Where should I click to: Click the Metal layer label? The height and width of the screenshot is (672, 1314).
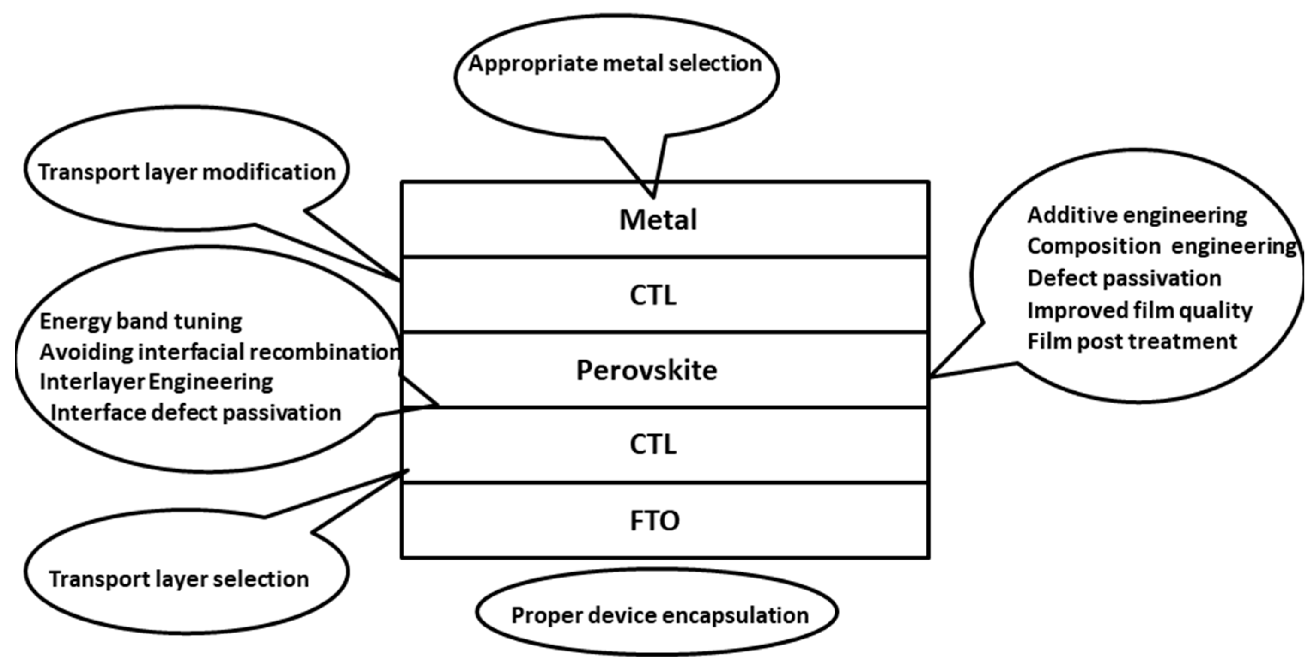(658, 220)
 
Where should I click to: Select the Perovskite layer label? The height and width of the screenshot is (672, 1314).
(647, 370)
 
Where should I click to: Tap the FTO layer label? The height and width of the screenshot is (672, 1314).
(655, 521)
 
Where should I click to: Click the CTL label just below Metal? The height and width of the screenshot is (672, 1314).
(653, 295)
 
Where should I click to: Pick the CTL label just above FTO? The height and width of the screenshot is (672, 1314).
(653, 444)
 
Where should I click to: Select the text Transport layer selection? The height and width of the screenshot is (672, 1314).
(179, 579)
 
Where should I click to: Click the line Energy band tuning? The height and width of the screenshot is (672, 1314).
(141, 321)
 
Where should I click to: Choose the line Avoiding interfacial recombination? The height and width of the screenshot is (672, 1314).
(219, 352)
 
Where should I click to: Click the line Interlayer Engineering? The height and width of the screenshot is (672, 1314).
(157, 382)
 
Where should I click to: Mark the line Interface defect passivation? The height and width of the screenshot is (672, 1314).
(196, 412)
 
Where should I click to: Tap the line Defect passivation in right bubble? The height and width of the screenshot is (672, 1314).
(1124, 278)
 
